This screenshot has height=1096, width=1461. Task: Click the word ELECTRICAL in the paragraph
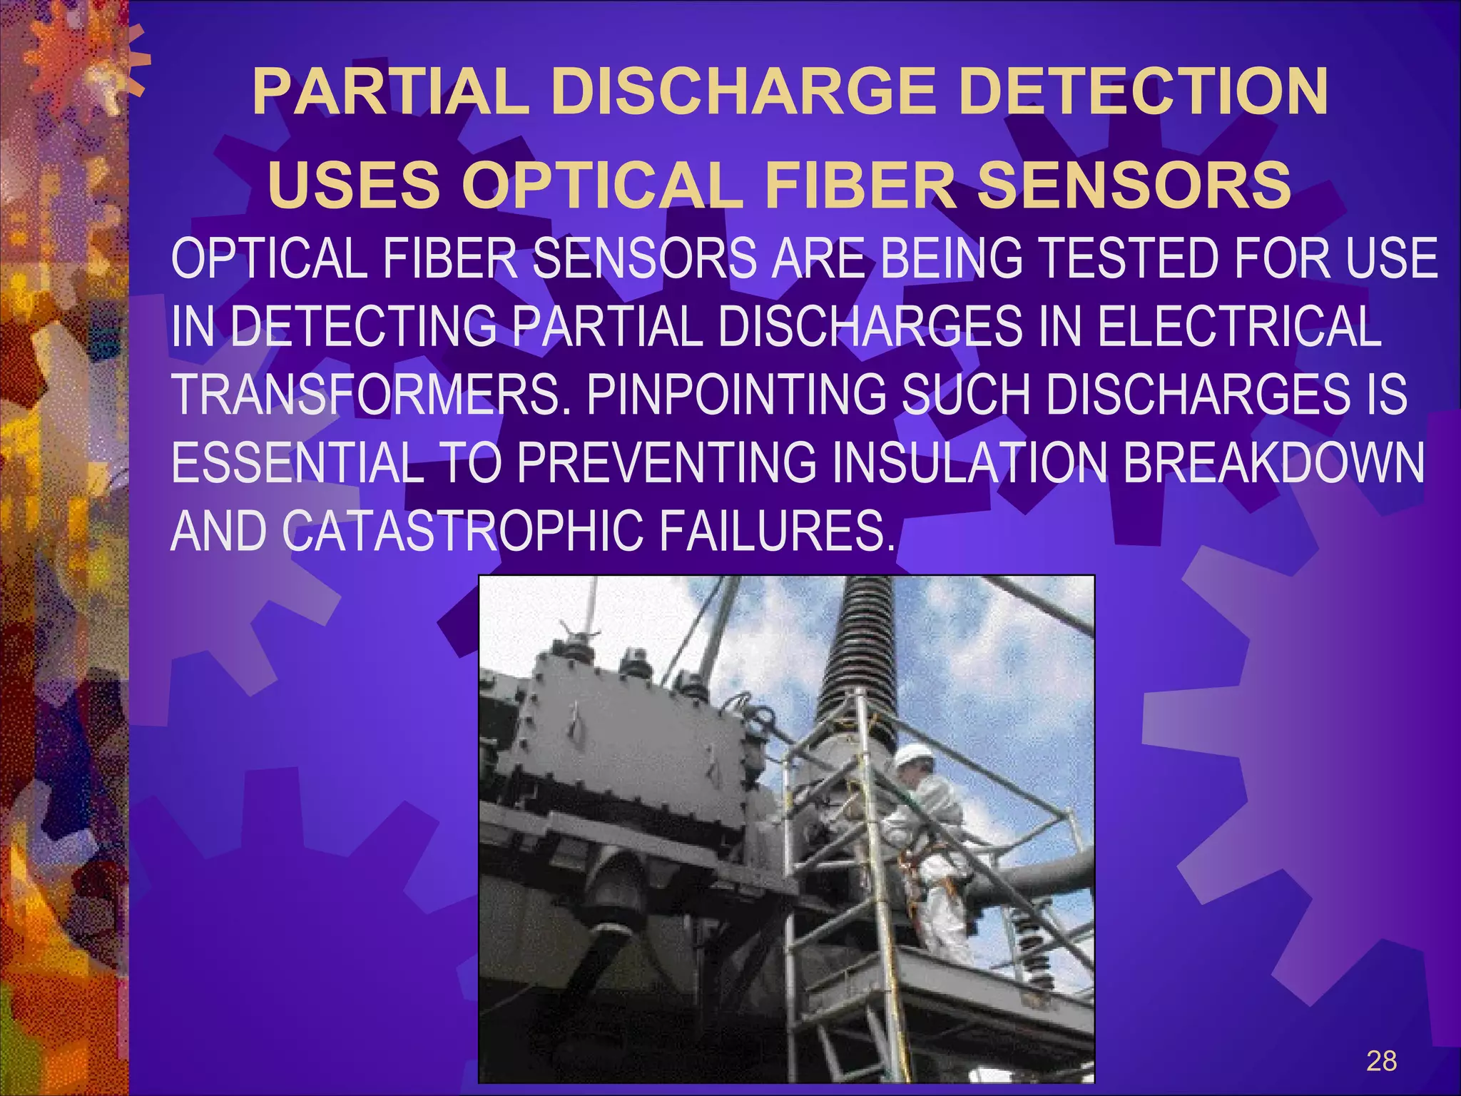pyautogui.click(x=1238, y=327)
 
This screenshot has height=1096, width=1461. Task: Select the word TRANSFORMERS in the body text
pyautogui.click(x=371, y=395)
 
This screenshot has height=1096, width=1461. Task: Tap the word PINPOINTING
pyautogui.click(x=736, y=395)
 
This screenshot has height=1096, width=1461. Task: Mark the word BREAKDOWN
pyautogui.click(x=1273, y=462)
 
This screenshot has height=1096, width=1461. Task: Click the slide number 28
pyautogui.click(x=1381, y=1061)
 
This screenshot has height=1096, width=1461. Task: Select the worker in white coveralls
pyautogui.click(x=927, y=856)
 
